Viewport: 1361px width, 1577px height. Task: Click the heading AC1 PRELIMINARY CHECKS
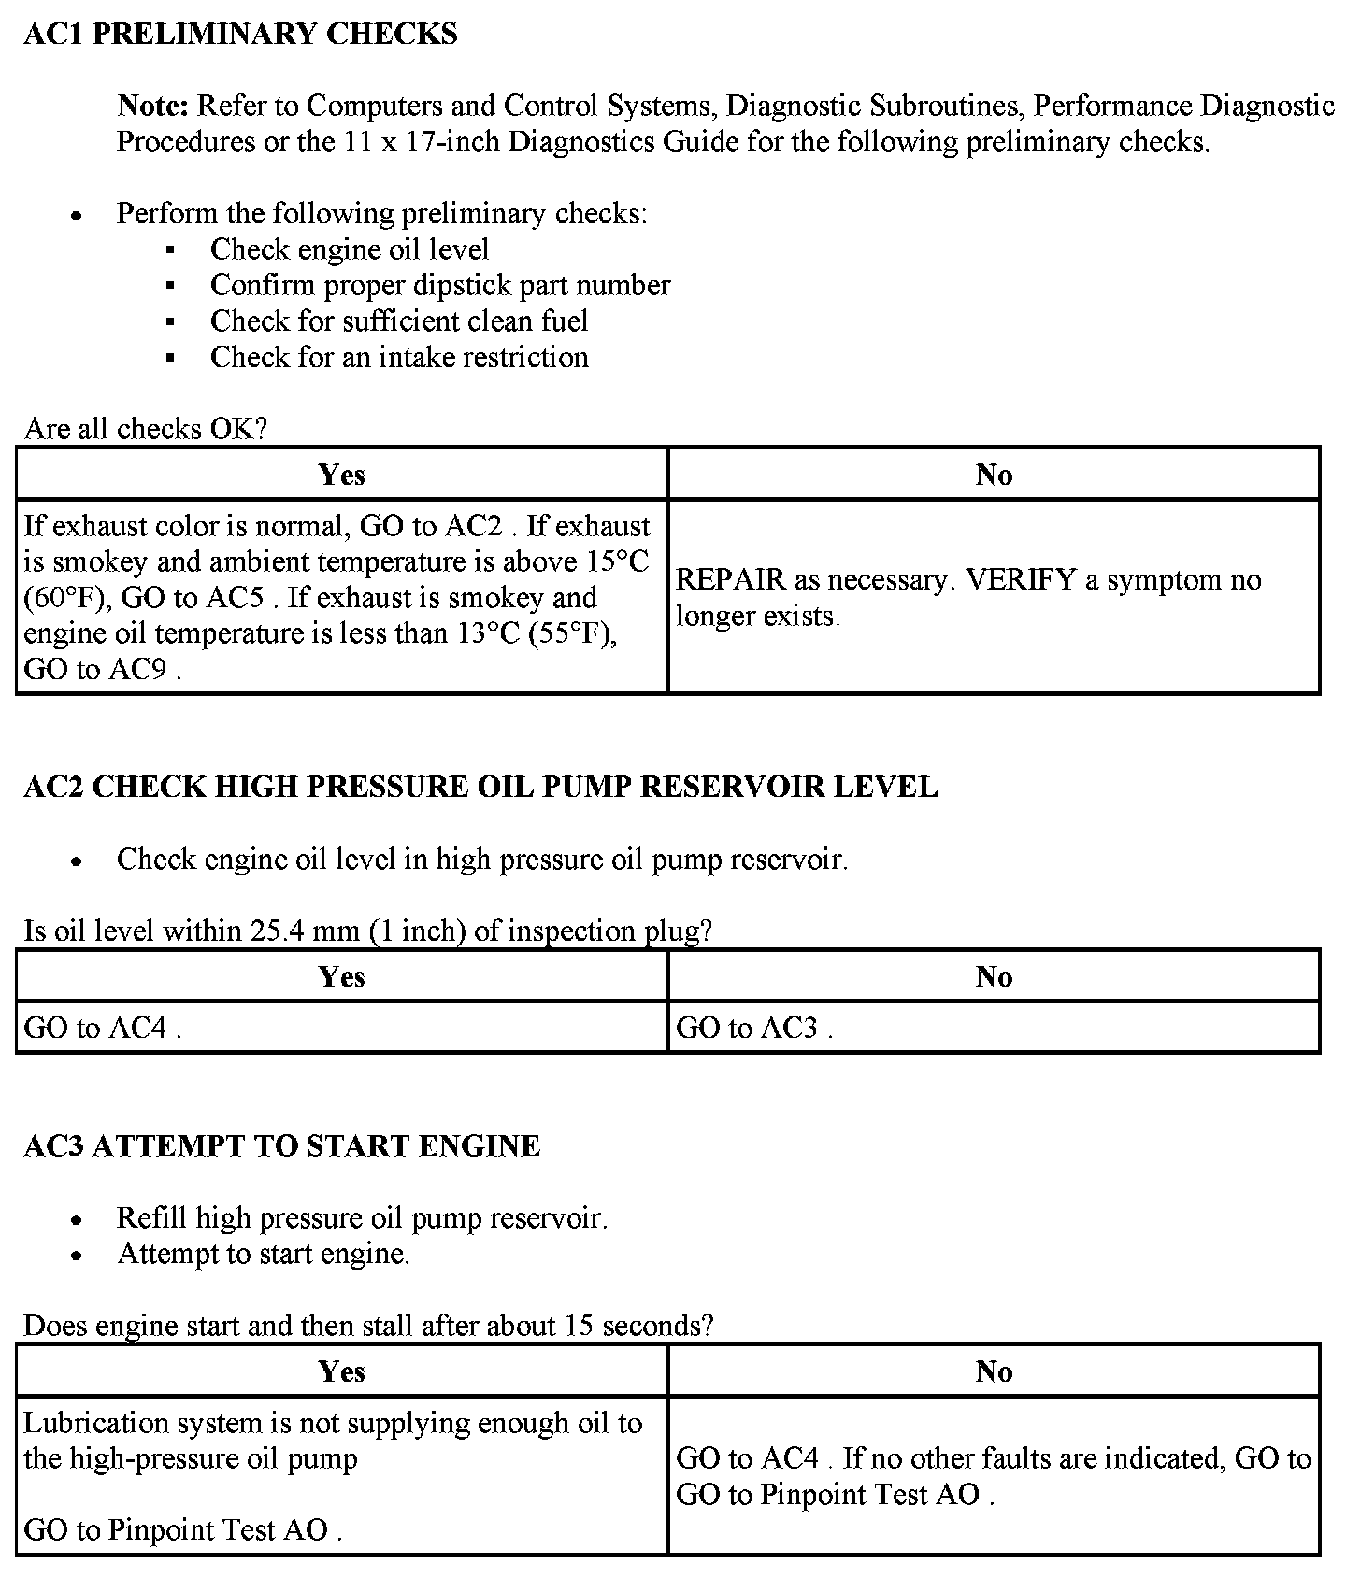240,35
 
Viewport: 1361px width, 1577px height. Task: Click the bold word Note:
153,106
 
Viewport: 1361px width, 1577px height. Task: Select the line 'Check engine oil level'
349,249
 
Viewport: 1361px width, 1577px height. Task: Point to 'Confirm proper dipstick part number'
439,285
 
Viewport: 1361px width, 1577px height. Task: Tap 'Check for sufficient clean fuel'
399,321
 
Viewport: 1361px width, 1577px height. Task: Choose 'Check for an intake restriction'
399,357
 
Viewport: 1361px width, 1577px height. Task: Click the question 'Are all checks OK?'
146,429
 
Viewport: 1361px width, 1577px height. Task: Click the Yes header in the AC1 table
341,475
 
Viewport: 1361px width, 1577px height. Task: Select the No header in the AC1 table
994,475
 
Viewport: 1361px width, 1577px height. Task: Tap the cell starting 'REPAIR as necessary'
967,597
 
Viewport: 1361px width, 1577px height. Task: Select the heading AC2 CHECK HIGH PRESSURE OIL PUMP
480,787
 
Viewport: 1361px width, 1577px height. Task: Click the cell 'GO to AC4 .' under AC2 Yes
102,1029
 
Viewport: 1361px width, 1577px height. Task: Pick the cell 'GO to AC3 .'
753,1029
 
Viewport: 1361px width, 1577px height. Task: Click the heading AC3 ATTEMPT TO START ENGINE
281,1146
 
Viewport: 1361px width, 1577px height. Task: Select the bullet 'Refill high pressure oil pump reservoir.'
362,1218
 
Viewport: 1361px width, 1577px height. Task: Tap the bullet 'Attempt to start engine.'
264,1254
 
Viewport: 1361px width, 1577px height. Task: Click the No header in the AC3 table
994,1371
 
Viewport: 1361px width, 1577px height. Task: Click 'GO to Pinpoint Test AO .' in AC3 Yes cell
182,1530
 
